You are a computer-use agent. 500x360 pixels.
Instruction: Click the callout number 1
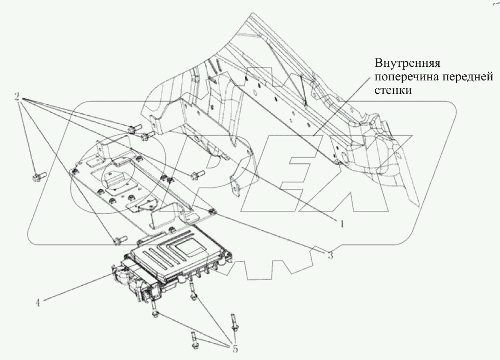coord(342,224)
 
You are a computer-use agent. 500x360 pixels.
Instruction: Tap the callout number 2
coord(17,96)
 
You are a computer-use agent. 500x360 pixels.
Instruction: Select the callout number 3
coord(330,255)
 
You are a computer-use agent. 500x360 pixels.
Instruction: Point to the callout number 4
coord(38,302)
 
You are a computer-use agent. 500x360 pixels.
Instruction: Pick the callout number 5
coord(235,349)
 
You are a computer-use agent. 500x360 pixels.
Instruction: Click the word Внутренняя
coord(407,63)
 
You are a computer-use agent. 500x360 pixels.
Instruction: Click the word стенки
coord(393,91)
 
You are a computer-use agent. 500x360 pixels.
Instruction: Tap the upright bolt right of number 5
coord(234,323)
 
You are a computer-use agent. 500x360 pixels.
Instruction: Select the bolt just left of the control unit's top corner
coord(120,240)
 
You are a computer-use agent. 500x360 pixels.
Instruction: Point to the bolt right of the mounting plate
coord(195,175)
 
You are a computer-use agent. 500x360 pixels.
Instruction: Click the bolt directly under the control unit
coord(193,291)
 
